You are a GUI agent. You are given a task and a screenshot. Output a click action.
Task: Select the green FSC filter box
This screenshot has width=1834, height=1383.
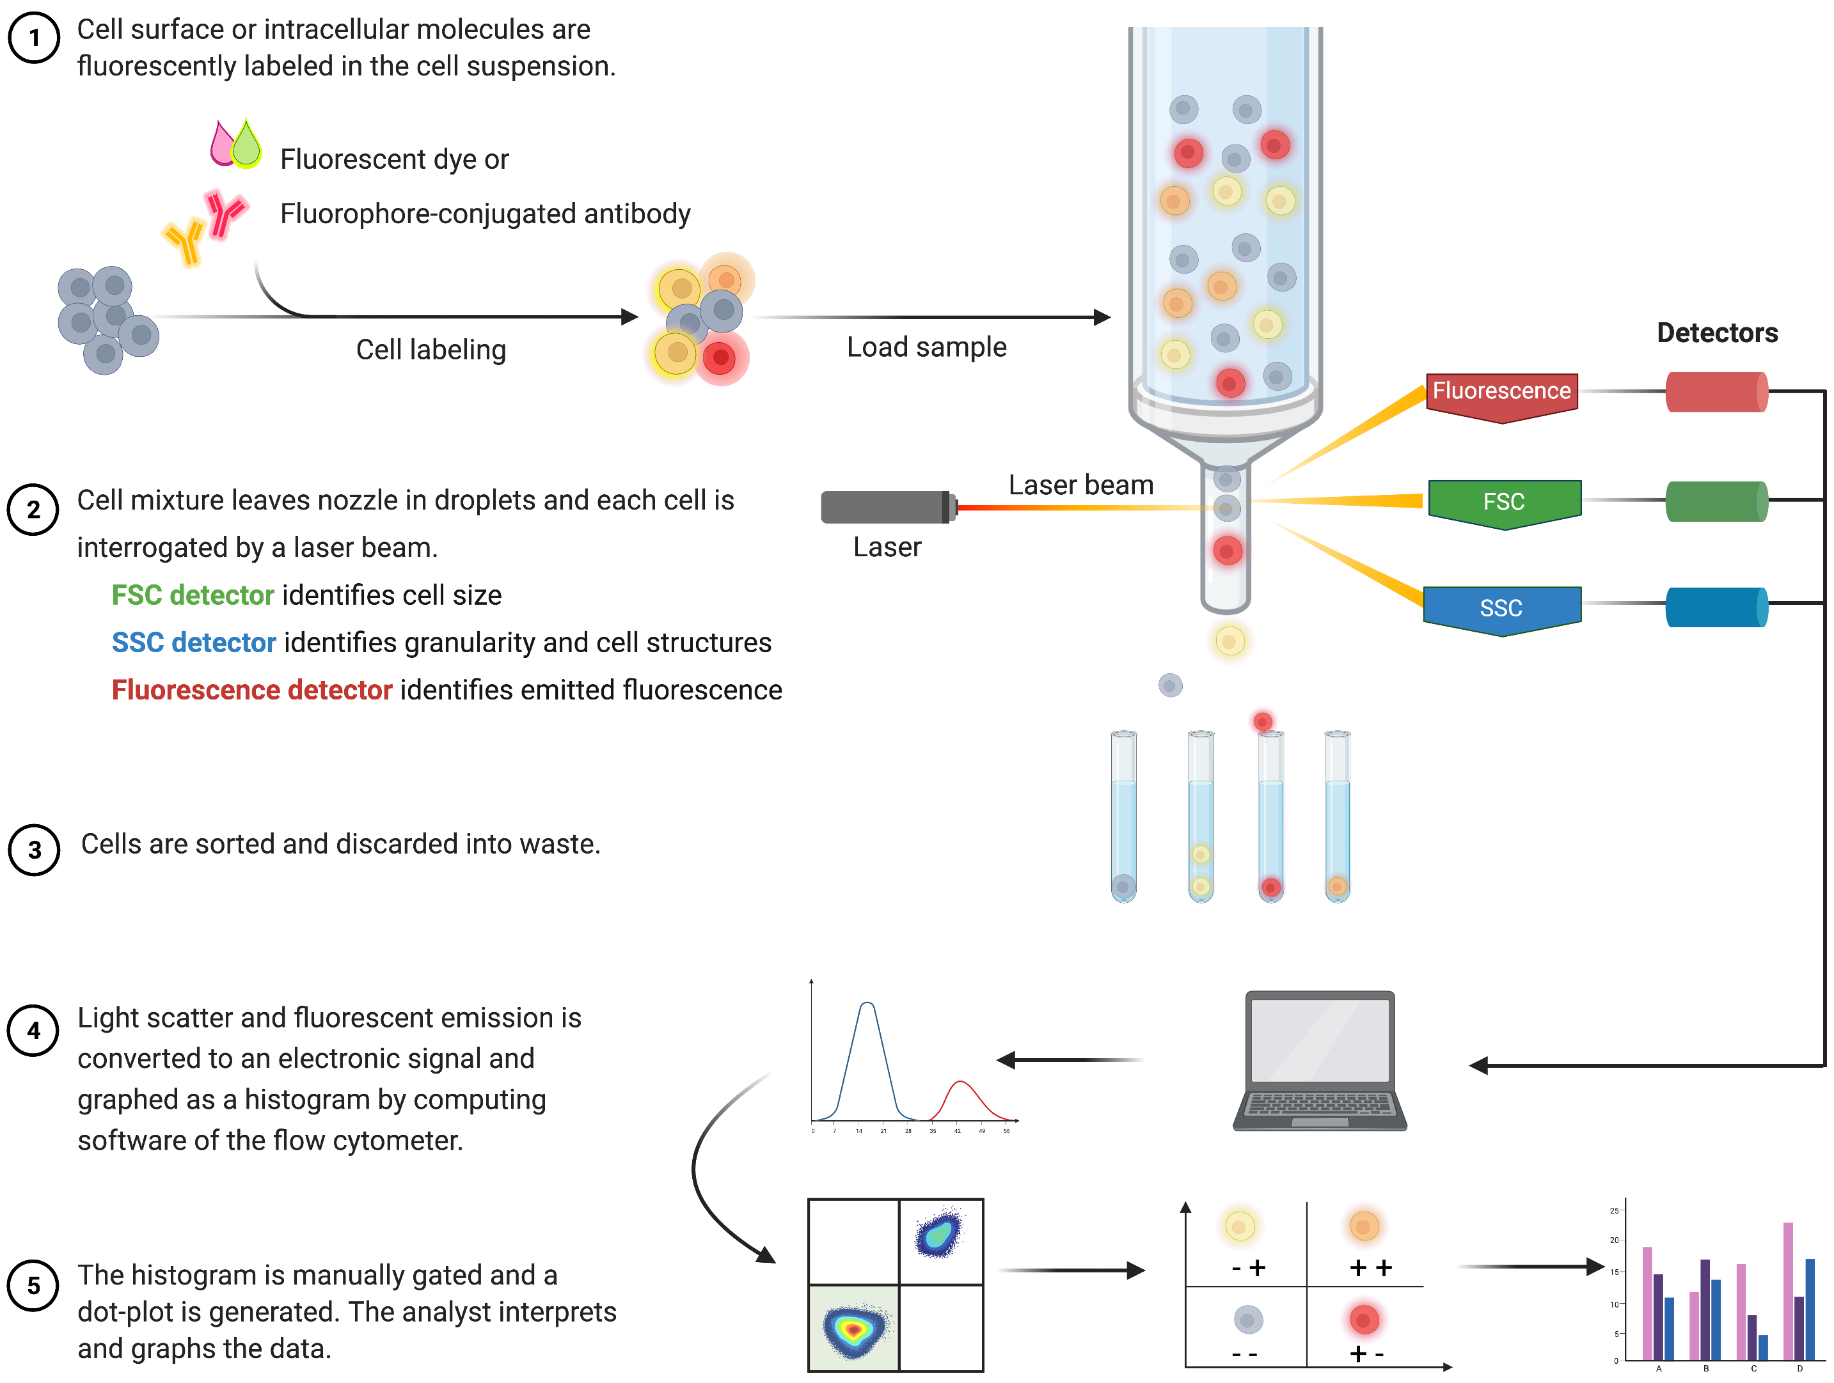1504,501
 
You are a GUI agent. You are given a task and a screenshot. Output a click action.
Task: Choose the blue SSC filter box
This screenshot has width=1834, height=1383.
1501,607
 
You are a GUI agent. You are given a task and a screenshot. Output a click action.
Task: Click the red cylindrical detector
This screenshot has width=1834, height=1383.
1716,392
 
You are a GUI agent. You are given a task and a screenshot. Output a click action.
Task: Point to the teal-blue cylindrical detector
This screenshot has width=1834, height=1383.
1716,607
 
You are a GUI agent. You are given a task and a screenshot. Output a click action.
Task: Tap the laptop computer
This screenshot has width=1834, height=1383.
1320,1061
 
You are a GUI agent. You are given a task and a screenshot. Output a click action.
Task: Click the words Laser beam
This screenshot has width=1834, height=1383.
1080,485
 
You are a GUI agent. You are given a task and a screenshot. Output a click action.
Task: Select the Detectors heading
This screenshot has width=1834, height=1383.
1717,333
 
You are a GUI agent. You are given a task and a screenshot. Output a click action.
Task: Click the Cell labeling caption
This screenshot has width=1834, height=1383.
431,350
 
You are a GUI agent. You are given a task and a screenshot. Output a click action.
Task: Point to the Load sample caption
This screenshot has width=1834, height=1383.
926,347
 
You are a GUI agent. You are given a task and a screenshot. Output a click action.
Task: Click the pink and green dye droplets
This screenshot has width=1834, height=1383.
235,143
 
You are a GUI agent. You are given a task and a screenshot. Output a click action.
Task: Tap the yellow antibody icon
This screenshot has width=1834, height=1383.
186,241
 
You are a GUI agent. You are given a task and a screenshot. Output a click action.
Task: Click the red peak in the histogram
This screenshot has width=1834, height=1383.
960,1086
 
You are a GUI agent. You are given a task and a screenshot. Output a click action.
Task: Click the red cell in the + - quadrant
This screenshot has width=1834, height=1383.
1364,1318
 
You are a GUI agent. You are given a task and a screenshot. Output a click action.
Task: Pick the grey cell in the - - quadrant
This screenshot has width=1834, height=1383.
1248,1319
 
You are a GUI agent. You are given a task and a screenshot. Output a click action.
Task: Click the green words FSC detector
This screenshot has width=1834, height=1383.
193,595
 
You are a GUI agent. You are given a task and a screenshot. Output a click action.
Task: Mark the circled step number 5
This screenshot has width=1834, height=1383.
33,1285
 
